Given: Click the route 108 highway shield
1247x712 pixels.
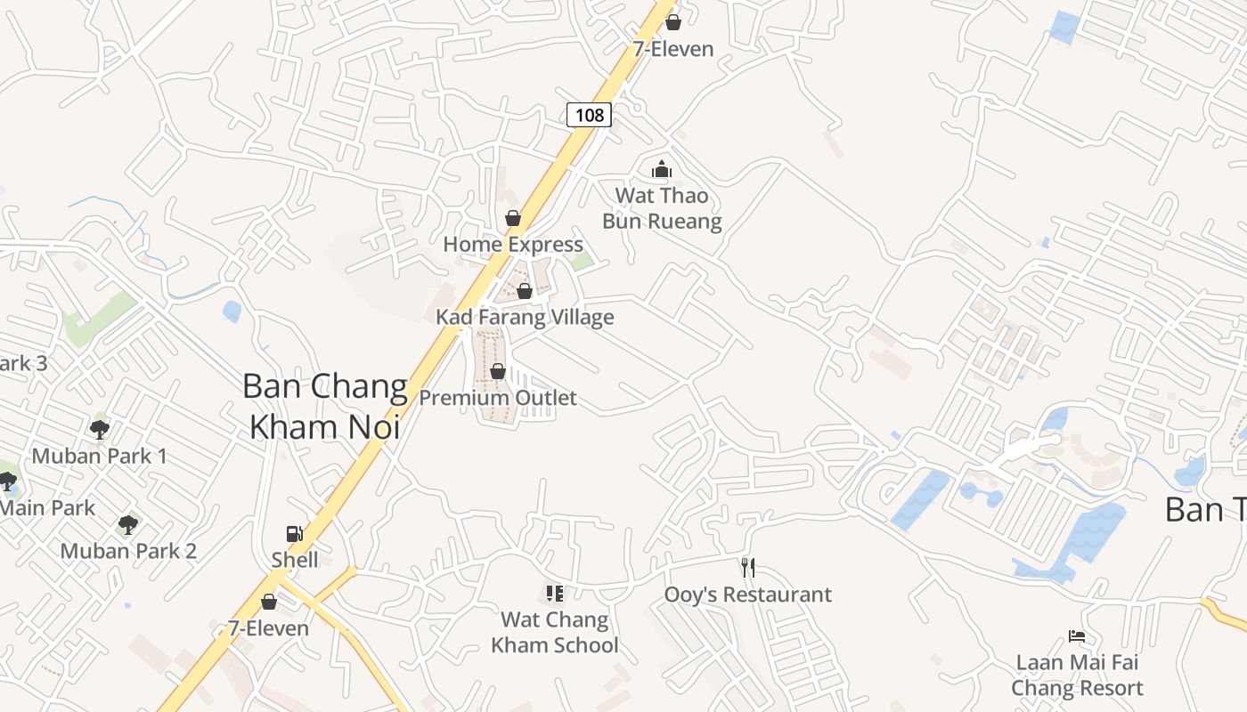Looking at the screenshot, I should [589, 114].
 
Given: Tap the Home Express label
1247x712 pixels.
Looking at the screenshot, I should [513, 245].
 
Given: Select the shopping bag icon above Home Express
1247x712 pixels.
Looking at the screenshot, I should [513, 218].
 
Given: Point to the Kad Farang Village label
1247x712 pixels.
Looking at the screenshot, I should [525, 318].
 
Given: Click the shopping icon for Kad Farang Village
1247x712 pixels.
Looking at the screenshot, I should [525, 291].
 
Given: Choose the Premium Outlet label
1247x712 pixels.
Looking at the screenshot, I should [498, 398].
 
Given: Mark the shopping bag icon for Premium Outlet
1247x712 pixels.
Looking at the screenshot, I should [498, 371].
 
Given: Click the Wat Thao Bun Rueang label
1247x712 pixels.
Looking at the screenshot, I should [662, 208].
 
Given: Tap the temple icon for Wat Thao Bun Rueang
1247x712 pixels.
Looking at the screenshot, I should [662, 169].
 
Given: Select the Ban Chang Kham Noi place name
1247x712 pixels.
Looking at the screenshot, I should [324, 406].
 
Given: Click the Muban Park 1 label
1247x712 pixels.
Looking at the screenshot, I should [100, 457].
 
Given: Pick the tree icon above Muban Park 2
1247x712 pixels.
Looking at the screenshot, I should [128, 524].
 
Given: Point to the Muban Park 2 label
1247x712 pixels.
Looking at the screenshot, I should [128, 551].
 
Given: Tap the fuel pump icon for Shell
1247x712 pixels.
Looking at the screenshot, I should [294, 534].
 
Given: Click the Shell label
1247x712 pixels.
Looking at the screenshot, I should [295, 560].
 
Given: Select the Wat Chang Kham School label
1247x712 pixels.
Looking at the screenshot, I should [554, 632].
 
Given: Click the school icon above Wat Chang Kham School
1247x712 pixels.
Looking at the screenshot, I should [554, 593].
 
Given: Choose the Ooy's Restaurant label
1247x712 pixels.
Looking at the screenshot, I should [748, 595].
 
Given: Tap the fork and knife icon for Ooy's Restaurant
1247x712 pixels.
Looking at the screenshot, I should [748, 568].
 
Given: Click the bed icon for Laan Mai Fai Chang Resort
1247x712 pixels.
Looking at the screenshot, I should [1077, 636].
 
